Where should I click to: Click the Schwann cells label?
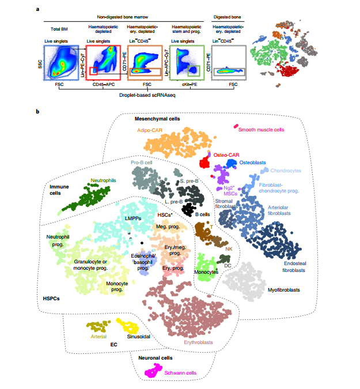coord(181,373)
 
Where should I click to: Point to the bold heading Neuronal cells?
coord(156,358)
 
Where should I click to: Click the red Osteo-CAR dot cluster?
coord(203,163)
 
